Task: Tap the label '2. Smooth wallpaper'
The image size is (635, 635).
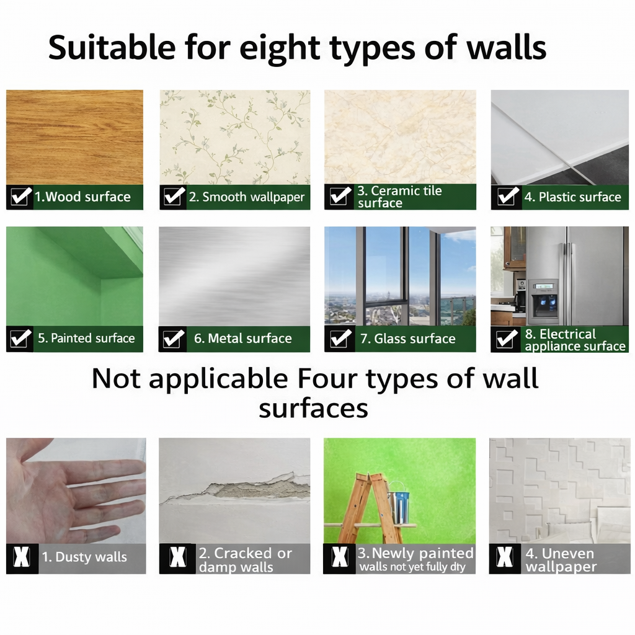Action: [247, 197]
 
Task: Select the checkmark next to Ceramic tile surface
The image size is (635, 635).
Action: [340, 197]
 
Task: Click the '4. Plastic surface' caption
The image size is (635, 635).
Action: [572, 197]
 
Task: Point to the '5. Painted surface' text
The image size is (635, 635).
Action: [86, 338]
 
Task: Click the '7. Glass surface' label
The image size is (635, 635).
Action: [408, 338]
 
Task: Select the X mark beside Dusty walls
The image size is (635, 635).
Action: [22, 557]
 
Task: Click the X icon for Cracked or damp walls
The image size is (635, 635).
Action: [178, 557]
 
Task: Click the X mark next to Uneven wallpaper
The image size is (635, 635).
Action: [505, 557]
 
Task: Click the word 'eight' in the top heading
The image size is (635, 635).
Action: [280, 48]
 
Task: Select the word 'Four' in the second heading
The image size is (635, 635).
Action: [327, 379]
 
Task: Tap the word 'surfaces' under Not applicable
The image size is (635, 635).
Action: [313, 409]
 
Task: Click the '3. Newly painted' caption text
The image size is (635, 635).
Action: [415, 553]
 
